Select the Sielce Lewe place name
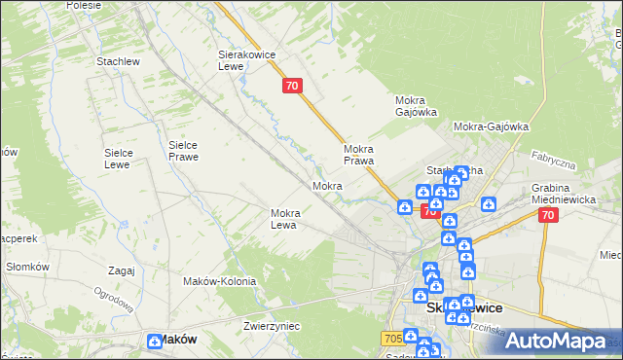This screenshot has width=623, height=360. (x=126, y=159)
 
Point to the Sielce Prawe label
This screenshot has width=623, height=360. (x=183, y=150)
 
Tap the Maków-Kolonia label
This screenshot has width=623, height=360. (x=219, y=281)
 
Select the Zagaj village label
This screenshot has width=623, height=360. (x=122, y=270)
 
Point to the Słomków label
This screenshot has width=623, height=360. (x=27, y=267)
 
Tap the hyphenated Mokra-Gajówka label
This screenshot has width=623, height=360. (x=491, y=126)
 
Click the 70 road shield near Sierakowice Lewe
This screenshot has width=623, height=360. (x=293, y=86)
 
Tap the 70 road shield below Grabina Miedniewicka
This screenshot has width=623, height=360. (x=548, y=215)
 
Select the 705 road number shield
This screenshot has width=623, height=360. (x=391, y=337)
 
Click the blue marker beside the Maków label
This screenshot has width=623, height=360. (x=155, y=341)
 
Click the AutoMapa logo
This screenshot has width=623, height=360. (x=556, y=341)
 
